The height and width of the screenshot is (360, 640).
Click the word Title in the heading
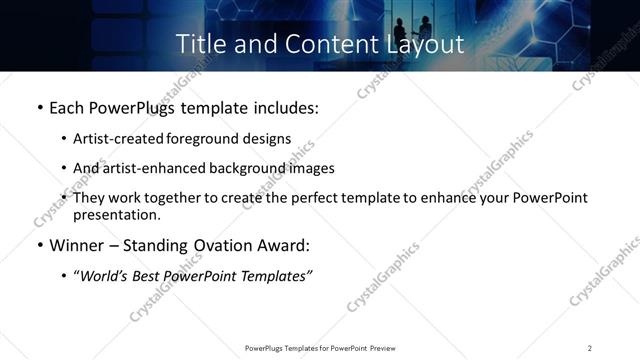click(x=199, y=44)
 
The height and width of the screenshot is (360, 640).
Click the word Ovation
click(x=235, y=246)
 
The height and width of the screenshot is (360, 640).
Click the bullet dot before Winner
click(x=38, y=246)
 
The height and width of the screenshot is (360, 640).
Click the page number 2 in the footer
click(x=590, y=348)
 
